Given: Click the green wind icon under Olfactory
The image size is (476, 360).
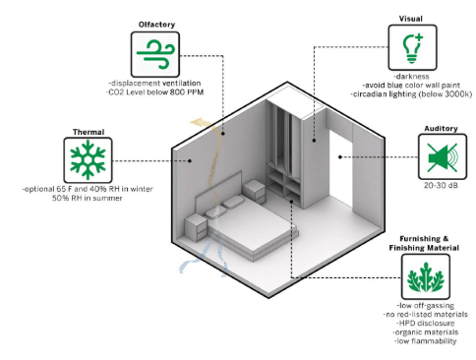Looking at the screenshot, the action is click(x=155, y=54).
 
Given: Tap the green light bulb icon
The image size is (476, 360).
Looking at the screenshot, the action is click(x=412, y=48).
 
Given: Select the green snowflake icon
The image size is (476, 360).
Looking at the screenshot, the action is click(x=88, y=160).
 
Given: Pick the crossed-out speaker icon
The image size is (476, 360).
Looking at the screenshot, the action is click(x=443, y=157).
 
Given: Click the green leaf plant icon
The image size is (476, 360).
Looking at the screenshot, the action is click(x=425, y=277).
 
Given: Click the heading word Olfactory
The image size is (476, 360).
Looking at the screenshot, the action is click(x=156, y=25).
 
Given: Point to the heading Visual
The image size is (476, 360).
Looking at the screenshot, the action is click(x=411, y=19).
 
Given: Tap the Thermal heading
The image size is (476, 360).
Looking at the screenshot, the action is click(x=89, y=132).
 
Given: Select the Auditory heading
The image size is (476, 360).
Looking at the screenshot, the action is click(x=441, y=129).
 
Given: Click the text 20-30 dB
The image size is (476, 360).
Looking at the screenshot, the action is click(x=441, y=186).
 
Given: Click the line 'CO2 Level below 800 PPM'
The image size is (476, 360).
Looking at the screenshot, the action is click(x=154, y=92).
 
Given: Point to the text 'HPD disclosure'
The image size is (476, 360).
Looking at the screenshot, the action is click(x=426, y=324).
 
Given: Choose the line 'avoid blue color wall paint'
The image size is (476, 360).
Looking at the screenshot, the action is click(x=411, y=86).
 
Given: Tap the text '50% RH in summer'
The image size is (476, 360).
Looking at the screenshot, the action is click(x=88, y=198).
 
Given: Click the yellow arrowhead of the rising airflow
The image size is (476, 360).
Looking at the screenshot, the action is click(x=198, y=122).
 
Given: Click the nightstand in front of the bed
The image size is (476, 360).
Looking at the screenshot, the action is click(x=196, y=227).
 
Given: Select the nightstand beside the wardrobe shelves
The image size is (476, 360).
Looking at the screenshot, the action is click(x=254, y=192).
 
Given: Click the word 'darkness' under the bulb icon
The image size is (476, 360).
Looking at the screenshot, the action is click(x=412, y=77).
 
